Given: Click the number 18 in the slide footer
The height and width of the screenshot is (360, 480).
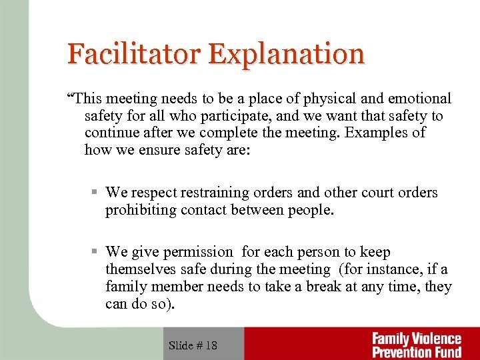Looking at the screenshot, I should point(211,345).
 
